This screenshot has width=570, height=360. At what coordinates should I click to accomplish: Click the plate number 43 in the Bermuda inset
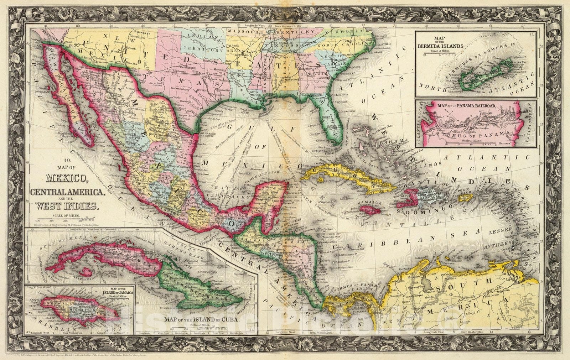pyautogui.click(x=531, y=34)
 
